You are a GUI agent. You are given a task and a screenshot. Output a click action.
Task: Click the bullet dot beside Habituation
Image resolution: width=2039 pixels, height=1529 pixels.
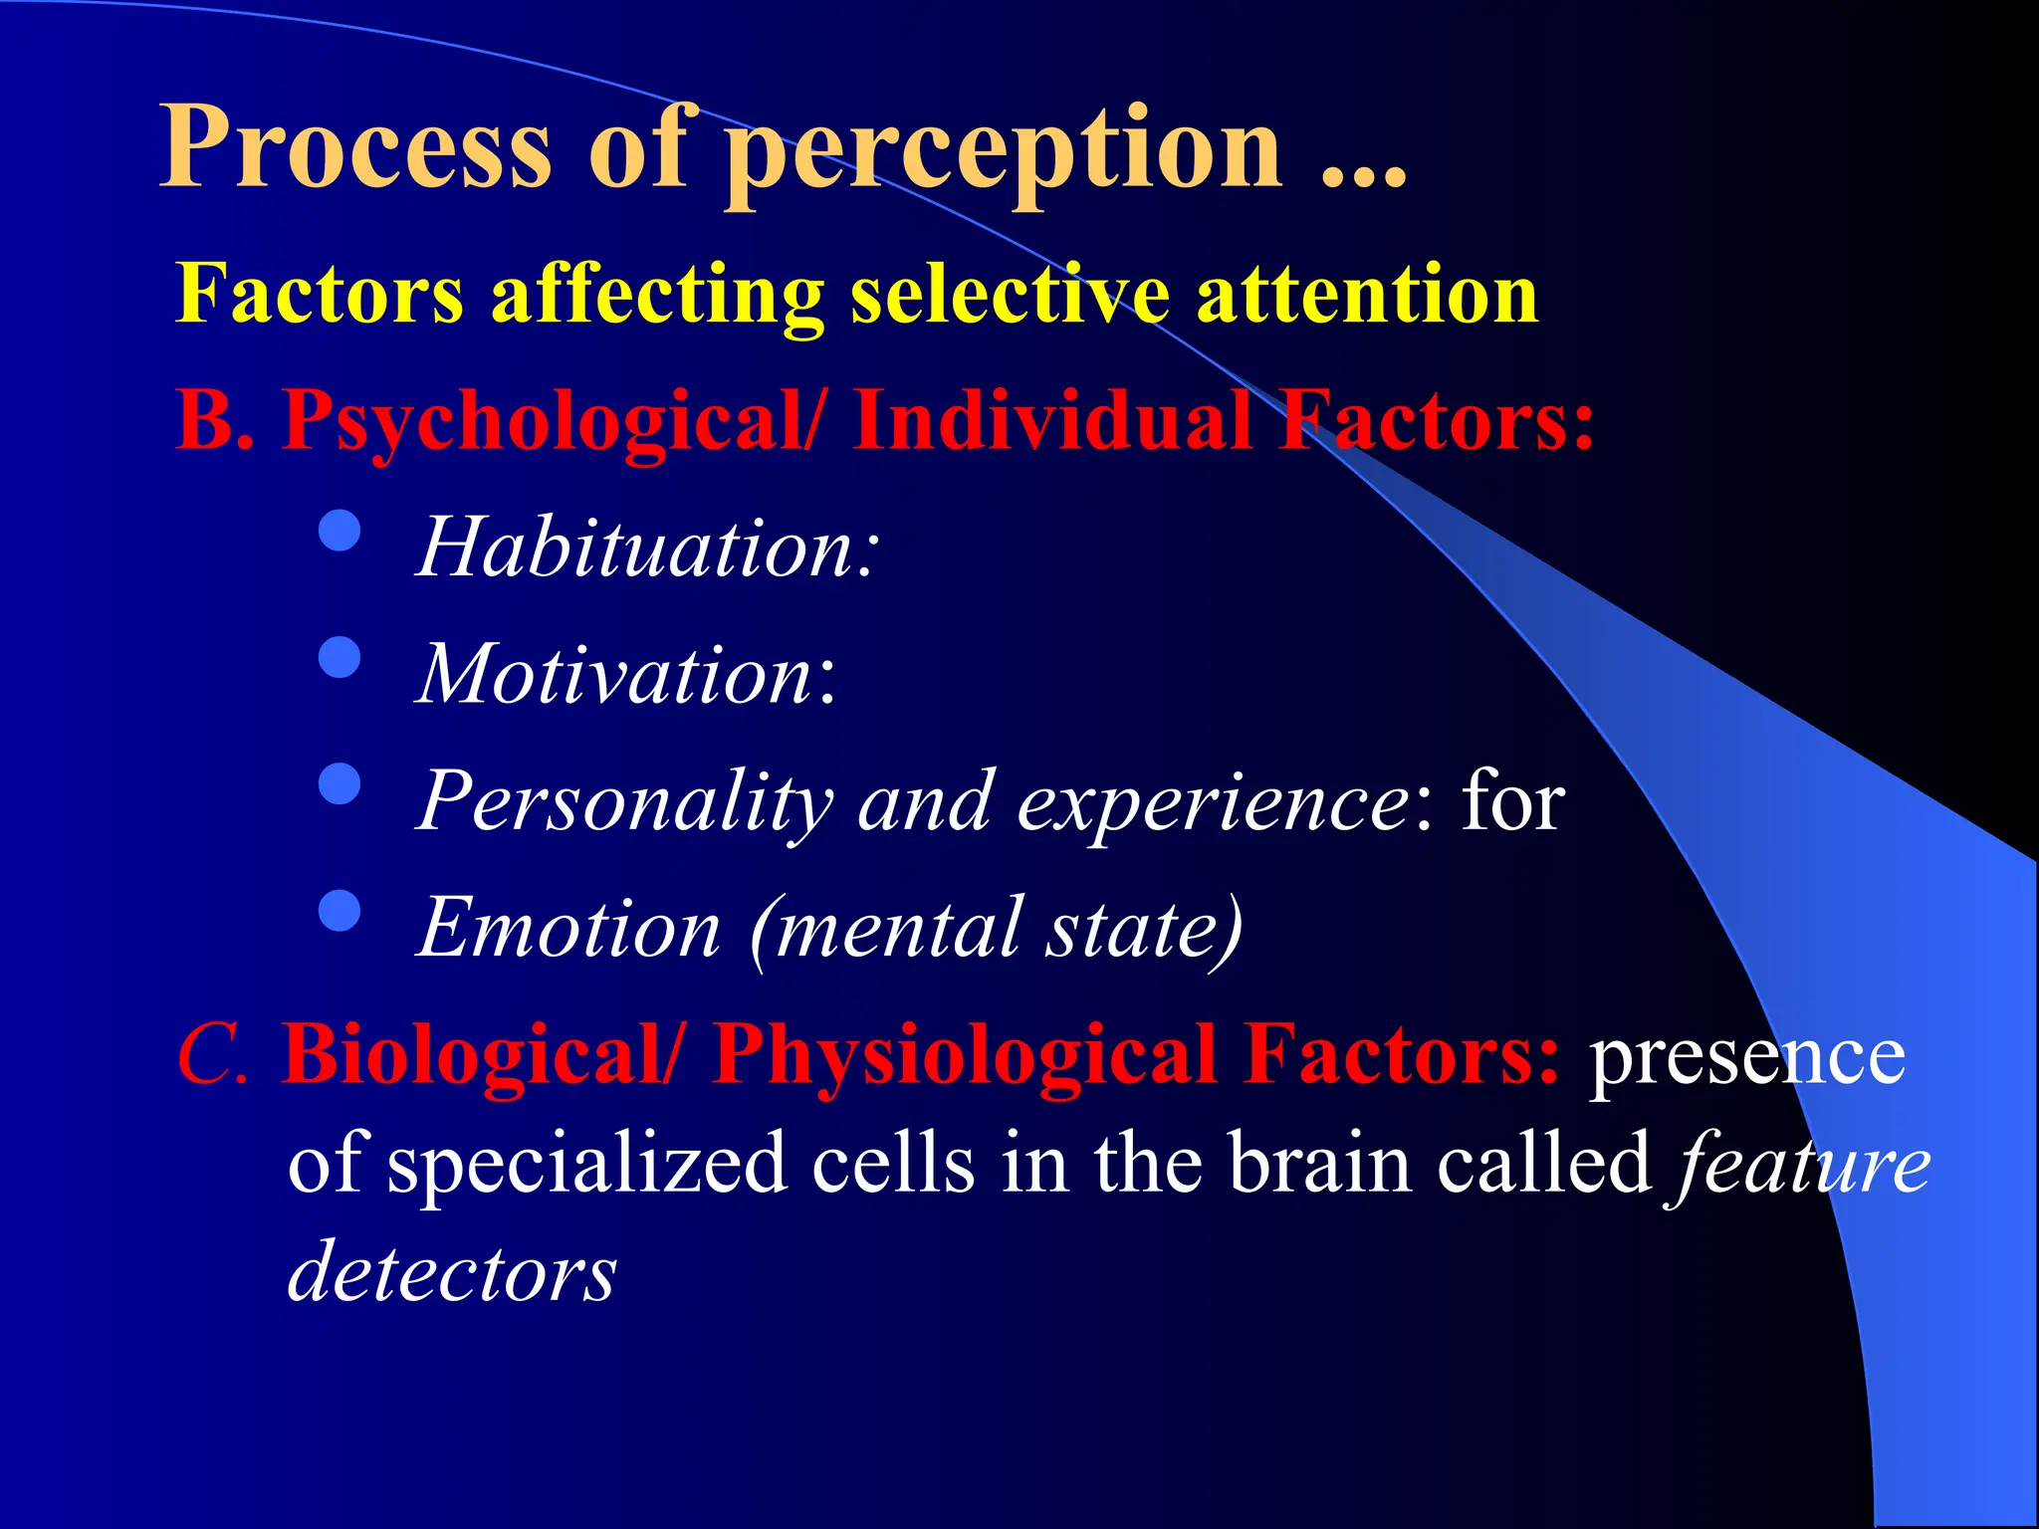[x=340, y=531]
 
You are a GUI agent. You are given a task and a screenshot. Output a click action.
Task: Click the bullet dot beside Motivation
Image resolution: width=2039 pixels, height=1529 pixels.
[x=340, y=657]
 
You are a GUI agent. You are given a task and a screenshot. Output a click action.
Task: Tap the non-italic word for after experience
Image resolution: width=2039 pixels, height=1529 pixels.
[x=1512, y=801]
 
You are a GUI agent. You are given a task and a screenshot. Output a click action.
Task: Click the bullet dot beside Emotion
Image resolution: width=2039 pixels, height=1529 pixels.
[x=340, y=910]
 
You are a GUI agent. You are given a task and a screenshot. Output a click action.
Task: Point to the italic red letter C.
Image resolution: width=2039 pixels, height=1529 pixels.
[x=209, y=1055]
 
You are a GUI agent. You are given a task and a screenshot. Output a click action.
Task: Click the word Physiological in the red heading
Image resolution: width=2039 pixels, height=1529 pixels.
[x=965, y=1055]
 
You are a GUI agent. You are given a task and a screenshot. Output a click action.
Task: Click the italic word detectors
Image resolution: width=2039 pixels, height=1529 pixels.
[x=452, y=1272]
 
